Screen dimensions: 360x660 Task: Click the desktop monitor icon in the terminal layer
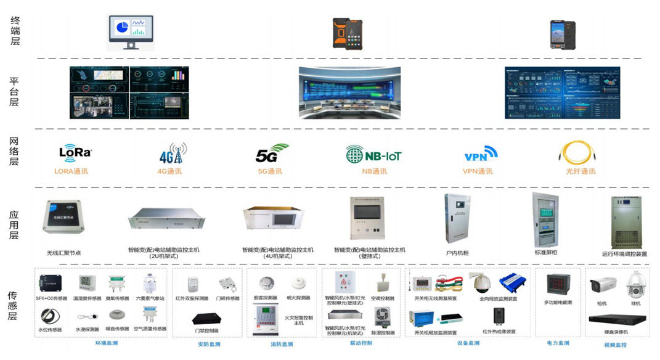point(130,32)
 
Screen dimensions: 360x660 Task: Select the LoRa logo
point(75,152)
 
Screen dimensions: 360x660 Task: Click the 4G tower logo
point(173,153)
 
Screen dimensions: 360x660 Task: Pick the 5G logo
point(271,153)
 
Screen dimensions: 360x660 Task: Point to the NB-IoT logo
point(373,154)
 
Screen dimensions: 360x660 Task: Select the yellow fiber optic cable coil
point(577,153)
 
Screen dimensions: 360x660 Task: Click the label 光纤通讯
point(580,171)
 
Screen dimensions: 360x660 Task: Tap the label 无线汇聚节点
point(64,253)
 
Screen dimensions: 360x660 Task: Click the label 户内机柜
point(457,253)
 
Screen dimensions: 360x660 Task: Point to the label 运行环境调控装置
point(624,254)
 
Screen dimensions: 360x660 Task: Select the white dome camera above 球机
point(635,285)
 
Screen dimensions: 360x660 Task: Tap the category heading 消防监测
point(282,344)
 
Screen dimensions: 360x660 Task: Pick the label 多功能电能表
point(558,303)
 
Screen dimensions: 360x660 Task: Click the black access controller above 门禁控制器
point(206,319)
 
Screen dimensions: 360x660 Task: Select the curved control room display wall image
point(349,92)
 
